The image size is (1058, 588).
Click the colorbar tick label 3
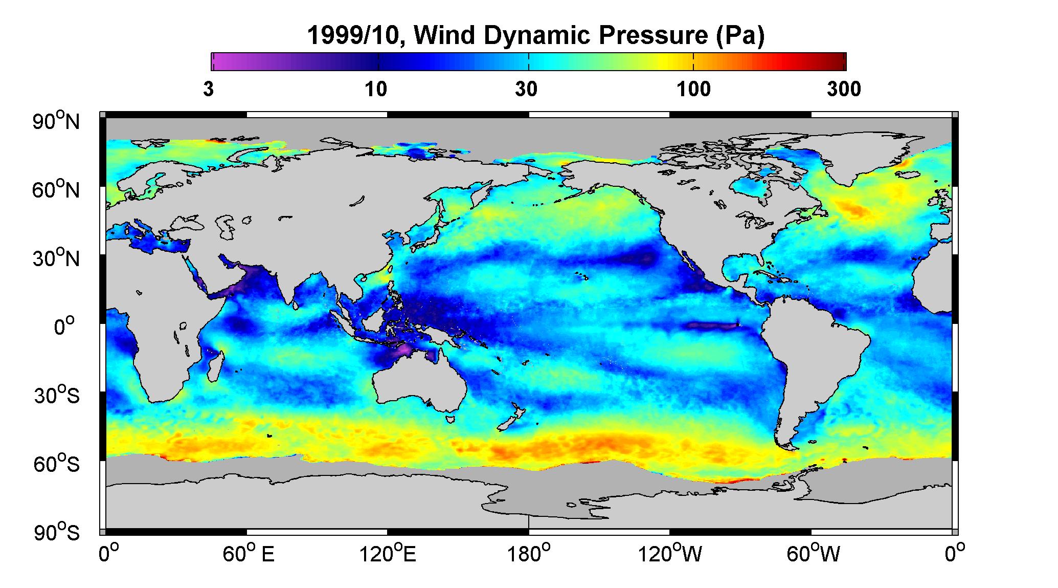click(x=208, y=90)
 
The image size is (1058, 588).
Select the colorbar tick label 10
click(x=376, y=90)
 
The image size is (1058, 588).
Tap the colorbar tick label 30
click(x=527, y=90)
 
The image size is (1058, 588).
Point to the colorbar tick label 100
click(x=694, y=90)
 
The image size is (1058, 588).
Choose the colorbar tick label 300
click(x=844, y=90)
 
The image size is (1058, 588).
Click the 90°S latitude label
click(x=57, y=532)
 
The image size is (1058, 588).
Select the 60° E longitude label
click(x=249, y=554)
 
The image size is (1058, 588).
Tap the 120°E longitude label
click(x=388, y=554)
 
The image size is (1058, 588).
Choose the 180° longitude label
click(x=529, y=554)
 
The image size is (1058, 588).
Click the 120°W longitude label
click(x=670, y=554)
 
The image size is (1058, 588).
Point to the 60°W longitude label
click(x=811, y=554)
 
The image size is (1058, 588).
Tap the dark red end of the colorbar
click(x=839, y=61)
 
